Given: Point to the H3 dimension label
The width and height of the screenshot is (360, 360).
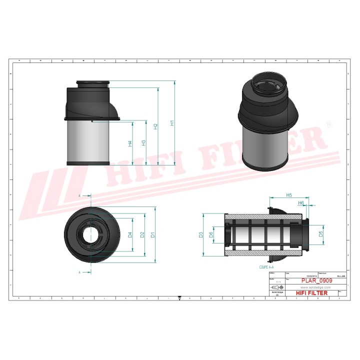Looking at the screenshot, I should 144,143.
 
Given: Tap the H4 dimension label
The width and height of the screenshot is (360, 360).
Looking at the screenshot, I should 130,143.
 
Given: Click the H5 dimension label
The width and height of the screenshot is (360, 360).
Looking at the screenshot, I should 289,194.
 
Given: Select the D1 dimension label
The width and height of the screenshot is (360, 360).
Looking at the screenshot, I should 153,234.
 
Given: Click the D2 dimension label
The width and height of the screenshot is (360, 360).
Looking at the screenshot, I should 142,234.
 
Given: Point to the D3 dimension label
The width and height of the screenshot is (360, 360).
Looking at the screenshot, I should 200,234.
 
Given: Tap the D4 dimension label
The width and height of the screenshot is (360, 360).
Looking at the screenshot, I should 130,234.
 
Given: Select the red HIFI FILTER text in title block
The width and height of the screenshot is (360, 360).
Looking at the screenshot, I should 312,293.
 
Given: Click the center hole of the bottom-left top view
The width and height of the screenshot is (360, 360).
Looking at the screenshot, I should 91,234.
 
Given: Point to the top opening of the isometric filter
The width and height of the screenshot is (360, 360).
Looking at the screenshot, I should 267,83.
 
